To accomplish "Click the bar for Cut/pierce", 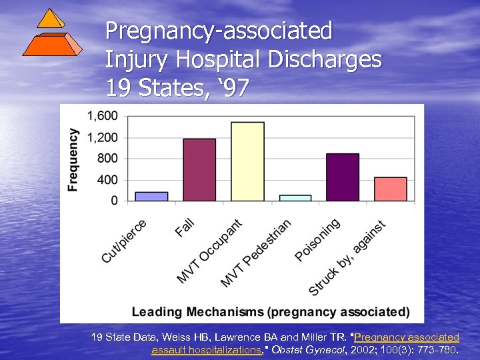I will (151, 196).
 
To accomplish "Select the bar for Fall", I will (199, 169).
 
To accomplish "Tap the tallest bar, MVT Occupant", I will (247, 161).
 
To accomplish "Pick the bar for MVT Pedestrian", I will (295, 197).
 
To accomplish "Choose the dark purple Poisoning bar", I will (343, 177).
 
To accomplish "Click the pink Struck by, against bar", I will (391, 189).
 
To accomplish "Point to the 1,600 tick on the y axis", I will (103, 116).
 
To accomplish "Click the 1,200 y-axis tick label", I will (103, 137).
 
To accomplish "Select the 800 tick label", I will (107, 159).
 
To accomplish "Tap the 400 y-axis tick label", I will (107, 179).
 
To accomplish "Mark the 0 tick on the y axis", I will (114, 200).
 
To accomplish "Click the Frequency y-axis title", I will (73, 160).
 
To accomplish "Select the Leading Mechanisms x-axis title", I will (271, 312).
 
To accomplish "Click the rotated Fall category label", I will (185, 227).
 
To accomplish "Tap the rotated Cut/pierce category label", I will (124, 241).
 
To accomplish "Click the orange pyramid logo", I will (52, 33).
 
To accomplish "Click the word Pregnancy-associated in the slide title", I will (219, 30).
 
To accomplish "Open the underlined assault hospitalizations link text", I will (207, 349).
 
